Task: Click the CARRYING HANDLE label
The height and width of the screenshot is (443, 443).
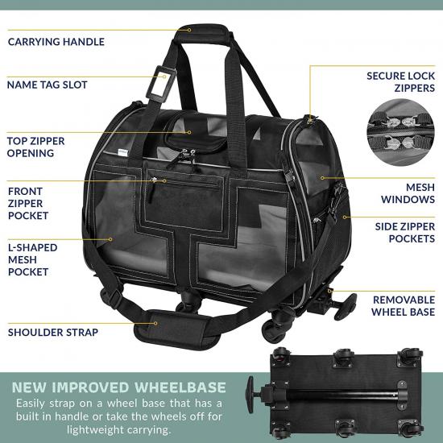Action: [x=56, y=42]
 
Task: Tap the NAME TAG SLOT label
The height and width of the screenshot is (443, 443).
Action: [x=48, y=85]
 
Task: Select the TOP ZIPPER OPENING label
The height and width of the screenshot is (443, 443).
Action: [x=36, y=147]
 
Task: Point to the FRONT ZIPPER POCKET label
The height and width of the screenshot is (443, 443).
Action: [x=28, y=204]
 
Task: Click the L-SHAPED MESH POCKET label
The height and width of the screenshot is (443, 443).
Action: [x=32, y=259]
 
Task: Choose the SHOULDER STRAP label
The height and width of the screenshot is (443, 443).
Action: [x=53, y=332]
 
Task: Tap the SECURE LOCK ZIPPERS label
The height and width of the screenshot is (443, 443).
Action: [x=400, y=82]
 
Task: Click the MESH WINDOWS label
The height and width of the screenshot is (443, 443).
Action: [x=408, y=193]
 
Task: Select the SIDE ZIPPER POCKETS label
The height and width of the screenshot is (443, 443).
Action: [x=405, y=233]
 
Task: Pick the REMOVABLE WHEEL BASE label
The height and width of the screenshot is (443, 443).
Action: [x=404, y=306]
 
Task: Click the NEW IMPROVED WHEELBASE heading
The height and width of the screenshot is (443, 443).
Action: [x=119, y=387]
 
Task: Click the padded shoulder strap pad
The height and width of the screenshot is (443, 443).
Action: [x=176, y=329]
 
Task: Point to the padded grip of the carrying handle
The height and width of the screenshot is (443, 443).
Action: [x=203, y=33]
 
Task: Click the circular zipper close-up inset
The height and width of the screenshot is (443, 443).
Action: [x=400, y=132]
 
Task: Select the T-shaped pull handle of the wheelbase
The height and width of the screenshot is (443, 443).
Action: [x=250, y=395]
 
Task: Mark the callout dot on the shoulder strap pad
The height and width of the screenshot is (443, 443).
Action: [x=155, y=324]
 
